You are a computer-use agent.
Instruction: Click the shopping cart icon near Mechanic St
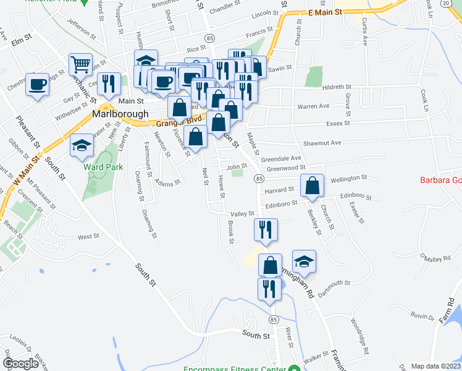point(81,64)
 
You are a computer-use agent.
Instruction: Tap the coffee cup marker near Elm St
point(37,83)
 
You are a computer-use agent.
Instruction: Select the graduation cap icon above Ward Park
point(81,145)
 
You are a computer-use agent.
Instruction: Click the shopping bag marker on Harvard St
point(313,185)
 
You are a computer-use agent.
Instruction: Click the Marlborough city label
point(120,114)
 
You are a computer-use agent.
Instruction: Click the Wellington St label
point(349,178)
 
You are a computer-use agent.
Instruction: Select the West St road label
point(88,236)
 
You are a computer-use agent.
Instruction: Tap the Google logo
point(20,364)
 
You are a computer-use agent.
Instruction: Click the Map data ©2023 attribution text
point(435,366)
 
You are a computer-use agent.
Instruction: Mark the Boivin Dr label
point(424,317)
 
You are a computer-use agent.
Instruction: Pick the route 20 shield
point(446,3)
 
